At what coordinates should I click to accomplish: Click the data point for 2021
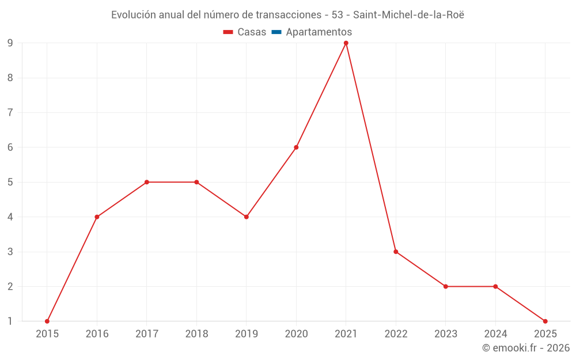click(346, 43)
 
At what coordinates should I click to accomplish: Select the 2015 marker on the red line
click(47, 321)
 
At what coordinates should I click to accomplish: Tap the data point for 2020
click(296, 147)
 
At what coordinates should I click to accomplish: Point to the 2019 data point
click(247, 217)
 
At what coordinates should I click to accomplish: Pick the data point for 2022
click(396, 252)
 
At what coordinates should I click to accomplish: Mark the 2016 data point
click(97, 217)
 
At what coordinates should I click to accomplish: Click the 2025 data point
click(545, 321)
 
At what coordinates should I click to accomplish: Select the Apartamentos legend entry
click(319, 32)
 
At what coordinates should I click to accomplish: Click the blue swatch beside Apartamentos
click(276, 32)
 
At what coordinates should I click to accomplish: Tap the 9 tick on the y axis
click(10, 43)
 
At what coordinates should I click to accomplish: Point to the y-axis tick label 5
click(10, 182)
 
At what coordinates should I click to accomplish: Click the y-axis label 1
click(10, 321)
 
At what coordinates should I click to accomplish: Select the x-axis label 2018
click(196, 334)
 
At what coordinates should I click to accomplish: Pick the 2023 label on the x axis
click(446, 334)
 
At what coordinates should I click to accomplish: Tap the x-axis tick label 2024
click(495, 334)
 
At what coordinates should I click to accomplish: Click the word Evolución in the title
click(133, 15)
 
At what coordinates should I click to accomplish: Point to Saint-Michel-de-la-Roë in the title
click(408, 15)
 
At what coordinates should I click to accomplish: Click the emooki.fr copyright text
click(526, 348)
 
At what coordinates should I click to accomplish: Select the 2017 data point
click(147, 182)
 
